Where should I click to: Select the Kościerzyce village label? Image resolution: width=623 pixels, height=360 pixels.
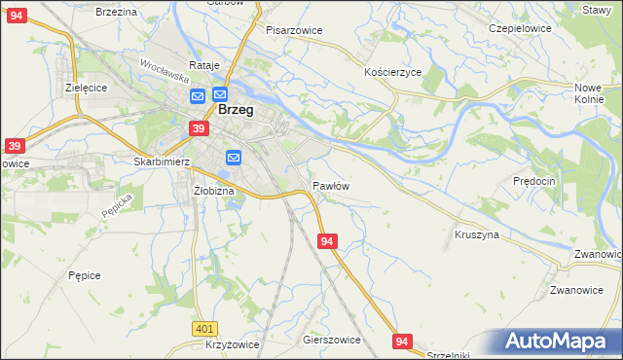click(x=392, y=73)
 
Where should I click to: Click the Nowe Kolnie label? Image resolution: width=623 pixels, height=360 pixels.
click(x=589, y=93)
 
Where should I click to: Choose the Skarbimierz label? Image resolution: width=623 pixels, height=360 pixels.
click(x=160, y=162)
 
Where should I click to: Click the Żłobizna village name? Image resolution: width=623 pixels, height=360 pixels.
click(x=214, y=191)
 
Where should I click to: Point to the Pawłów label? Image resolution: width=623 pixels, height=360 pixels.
click(x=331, y=185)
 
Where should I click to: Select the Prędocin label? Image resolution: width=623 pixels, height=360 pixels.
click(x=533, y=181)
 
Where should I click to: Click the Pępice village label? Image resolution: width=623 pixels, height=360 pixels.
click(x=85, y=275)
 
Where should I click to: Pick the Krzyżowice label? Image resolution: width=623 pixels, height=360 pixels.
click(x=233, y=345)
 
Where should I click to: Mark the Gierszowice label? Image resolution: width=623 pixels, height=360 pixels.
click(x=332, y=341)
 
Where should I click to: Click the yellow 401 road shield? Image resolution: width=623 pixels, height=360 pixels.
click(x=203, y=330)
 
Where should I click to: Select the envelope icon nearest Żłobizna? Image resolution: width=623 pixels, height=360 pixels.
click(x=234, y=158)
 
